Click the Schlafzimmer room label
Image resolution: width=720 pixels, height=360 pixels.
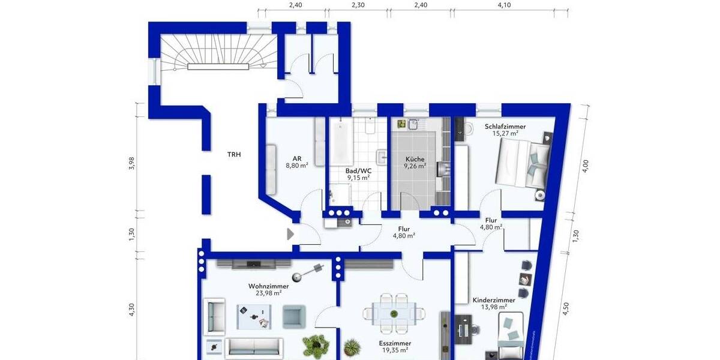(505, 127)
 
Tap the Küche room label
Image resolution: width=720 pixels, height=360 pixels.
(415, 160)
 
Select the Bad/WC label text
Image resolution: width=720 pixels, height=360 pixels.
(359, 170)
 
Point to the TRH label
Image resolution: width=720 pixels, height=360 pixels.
(234, 155)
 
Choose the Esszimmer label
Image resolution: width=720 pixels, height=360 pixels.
(394, 343)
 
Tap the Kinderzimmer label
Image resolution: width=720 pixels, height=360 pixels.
(494, 300)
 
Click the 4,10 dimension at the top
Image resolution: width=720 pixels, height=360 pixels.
(504, 5)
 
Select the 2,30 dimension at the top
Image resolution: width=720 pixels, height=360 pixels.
(358, 5)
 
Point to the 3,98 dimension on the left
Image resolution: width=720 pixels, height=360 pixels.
(132, 163)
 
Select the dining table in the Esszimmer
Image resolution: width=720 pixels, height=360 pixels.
(394, 313)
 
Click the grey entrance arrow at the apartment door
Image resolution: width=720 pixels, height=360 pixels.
(290, 233)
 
